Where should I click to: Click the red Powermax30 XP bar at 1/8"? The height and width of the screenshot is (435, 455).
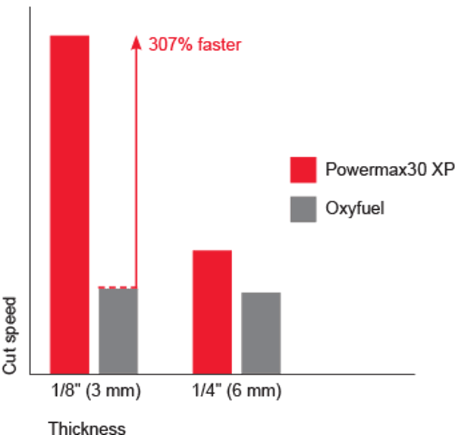pyautogui.click(x=69, y=204)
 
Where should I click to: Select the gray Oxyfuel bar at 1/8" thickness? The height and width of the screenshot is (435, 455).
pyautogui.click(x=118, y=330)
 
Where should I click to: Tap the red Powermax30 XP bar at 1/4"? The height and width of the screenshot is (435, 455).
pyautogui.click(x=212, y=311)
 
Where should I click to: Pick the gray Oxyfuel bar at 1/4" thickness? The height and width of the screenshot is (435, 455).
pyautogui.click(x=261, y=333)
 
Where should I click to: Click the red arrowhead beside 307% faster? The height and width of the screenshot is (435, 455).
pyautogui.click(x=136, y=42)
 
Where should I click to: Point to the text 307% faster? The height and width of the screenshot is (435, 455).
pyautogui.click(x=195, y=45)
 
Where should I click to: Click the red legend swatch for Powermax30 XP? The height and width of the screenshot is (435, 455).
pyautogui.click(x=303, y=170)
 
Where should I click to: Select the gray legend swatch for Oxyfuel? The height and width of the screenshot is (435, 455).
pyautogui.click(x=303, y=208)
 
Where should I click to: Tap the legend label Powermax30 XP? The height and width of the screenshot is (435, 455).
pyautogui.click(x=389, y=170)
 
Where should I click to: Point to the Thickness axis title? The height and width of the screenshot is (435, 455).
pyautogui.click(x=87, y=428)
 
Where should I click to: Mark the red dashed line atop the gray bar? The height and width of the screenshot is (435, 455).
pyautogui.click(x=118, y=287)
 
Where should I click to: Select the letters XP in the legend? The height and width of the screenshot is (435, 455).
pyautogui.click(x=442, y=170)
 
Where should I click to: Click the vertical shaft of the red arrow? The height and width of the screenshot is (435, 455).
pyautogui.click(x=136, y=167)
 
